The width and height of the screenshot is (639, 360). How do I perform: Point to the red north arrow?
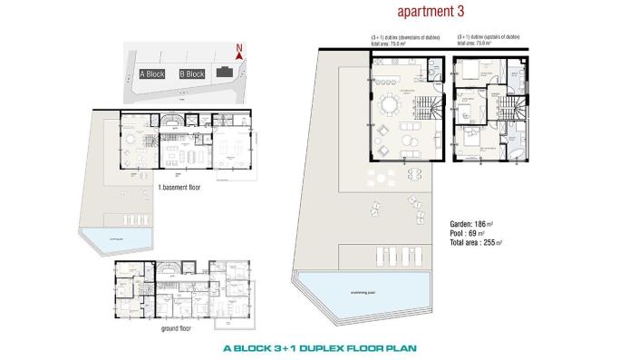pyautogui.click(x=238, y=52)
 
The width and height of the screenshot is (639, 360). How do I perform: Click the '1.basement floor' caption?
pyautogui.click(x=179, y=187)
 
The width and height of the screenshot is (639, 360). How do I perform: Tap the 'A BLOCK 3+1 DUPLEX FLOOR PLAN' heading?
pyautogui.click(x=319, y=347)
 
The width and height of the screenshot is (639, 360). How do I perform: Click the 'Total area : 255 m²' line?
pyautogui.click(x=477, y=243)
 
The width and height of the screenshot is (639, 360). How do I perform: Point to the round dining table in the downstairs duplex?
pyautogui.click(x=390, y=103)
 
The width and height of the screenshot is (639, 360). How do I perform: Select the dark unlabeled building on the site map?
pyautogui.click(x=223, y=73)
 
